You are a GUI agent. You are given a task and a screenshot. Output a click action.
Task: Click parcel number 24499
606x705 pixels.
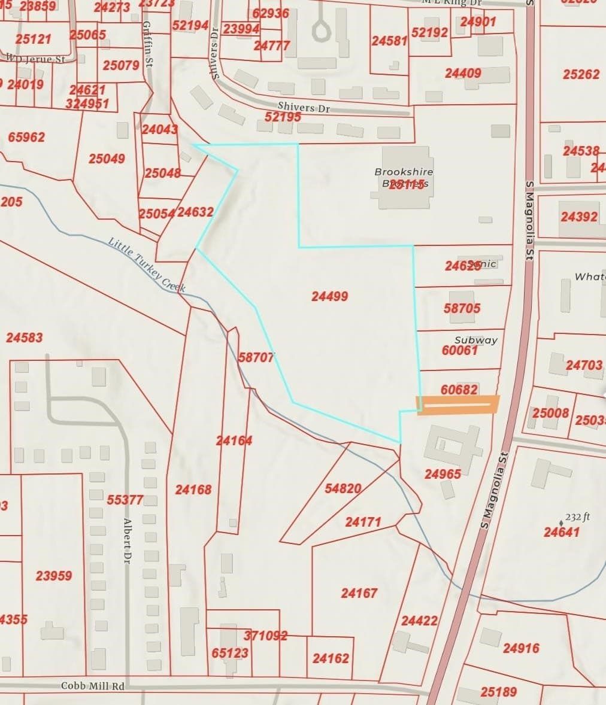(x=330, y=296)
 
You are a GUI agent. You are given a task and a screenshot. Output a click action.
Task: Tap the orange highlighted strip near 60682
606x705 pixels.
(x=458, y=405)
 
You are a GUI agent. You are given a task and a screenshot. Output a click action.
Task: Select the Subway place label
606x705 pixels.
(x=476, y=340)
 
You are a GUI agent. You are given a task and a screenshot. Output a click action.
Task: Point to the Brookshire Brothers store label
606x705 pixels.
(x=404, y=178)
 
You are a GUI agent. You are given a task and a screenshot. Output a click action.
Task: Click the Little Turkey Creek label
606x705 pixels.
(x=147, y=265)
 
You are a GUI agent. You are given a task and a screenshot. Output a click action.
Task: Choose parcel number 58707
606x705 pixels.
(x=256, y=357)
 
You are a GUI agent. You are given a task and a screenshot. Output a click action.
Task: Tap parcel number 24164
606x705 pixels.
(x=234, y=441)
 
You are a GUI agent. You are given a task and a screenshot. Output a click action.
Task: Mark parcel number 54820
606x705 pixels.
(x=343, y=488)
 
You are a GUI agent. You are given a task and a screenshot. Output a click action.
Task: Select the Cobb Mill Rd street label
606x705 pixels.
(x=93, y=686)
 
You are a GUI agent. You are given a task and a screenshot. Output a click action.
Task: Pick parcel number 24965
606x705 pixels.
(x=443, y=474)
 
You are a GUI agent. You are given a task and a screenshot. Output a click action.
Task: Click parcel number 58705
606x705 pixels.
(x=462, y=308)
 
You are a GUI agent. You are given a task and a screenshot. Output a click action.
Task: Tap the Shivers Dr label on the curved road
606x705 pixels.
(x=304, y=107)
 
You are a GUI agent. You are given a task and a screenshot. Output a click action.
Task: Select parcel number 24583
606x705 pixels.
(x=25, y=338)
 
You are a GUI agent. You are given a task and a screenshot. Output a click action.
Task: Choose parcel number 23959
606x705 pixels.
(x=54, y=576)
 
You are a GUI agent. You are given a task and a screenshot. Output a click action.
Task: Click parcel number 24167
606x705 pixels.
(x=359, y=593)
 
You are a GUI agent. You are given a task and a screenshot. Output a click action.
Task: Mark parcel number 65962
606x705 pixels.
(x=26, y=137)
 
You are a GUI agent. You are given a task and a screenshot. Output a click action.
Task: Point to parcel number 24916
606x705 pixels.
(x=521, y=648)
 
